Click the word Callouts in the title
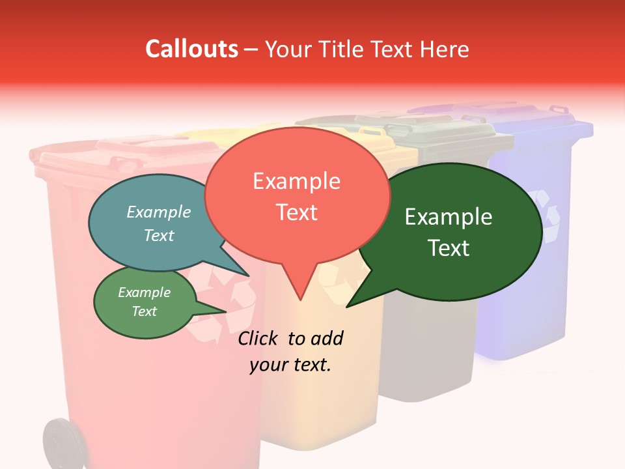click(191, 49)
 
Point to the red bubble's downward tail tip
click(300, 299)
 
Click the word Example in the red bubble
click(296, 181)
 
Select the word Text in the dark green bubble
click(449, 248)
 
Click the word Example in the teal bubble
click(159, 212)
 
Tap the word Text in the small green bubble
click(145, 311)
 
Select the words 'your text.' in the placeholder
click(290, 365)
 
